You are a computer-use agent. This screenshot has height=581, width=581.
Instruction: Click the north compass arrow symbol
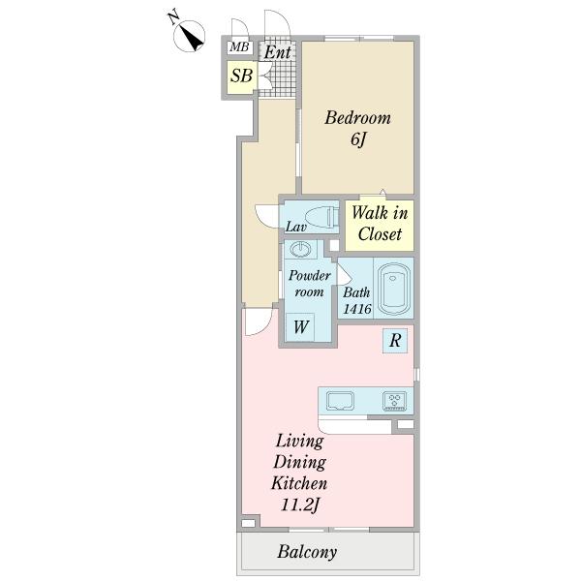point(190,36)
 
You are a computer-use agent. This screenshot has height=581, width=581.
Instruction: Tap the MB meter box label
point(239,47)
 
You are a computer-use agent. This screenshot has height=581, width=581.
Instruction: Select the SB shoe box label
point(241,76)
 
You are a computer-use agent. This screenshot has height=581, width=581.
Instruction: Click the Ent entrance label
point(278,52)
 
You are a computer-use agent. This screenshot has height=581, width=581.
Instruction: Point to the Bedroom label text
point(358,118)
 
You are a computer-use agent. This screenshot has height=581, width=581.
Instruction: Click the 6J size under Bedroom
point(358,139)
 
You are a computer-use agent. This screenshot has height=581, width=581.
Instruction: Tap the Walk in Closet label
point(380,223)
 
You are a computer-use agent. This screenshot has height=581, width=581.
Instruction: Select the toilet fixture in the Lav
point(321,217)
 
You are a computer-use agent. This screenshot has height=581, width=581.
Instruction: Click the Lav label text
point(295,227)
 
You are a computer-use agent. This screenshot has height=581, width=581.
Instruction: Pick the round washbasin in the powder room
point(300,249)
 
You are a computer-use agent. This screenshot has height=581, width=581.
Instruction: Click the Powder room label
point(310,284)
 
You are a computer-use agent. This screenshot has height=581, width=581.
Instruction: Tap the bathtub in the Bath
point(394,289)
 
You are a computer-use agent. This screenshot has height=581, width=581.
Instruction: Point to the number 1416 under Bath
point(357,308)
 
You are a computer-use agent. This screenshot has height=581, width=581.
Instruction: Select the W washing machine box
point(300,327)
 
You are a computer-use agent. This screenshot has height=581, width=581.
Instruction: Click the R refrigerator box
point(395,340)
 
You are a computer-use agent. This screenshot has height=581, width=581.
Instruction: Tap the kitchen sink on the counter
point(340,401)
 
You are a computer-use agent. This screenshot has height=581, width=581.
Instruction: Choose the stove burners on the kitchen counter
point(395,401)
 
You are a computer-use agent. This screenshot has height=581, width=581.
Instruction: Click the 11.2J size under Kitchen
point(300,505)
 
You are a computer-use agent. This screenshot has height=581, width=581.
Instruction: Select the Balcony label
point(307,551)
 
